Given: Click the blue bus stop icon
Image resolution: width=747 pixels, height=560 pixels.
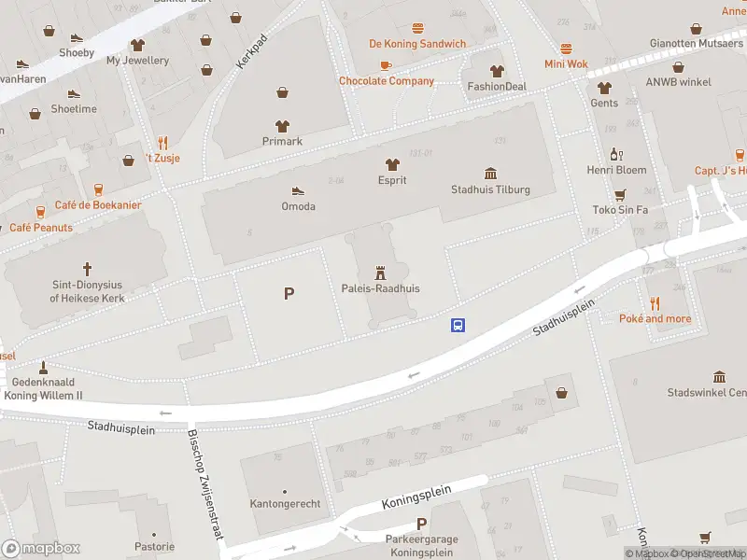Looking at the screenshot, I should pos(458,326).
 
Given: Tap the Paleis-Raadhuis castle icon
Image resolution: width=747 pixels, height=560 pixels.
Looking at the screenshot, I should pos(380,273).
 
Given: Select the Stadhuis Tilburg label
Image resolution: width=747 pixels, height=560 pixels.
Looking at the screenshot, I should pos(490,189).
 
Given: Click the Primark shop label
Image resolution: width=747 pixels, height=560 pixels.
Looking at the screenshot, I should pos(282,141).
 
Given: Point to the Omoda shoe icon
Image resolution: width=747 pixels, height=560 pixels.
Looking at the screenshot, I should pos(298,190).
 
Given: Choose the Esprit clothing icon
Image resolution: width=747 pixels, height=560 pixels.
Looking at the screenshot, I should pos(392,164).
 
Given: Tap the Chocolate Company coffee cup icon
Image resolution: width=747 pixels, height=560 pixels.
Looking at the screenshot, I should pos(386,64).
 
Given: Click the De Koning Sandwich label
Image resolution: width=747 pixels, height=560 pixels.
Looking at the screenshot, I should pos(417,44).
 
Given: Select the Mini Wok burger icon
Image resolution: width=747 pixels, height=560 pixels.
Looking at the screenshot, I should pos(566,48).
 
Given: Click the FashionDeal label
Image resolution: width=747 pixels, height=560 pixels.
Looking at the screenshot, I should pos(497,87).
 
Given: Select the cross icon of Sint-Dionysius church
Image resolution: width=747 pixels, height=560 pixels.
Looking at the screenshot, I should pos(88,268).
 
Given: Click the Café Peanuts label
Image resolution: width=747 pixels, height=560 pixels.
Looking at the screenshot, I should pos(41,228).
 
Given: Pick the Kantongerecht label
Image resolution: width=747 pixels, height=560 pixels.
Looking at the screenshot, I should pos(285,504).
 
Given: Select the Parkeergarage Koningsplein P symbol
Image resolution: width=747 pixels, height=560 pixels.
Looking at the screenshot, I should pos(422,524).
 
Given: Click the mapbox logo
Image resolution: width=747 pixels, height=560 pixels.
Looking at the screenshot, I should pos(41,548).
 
